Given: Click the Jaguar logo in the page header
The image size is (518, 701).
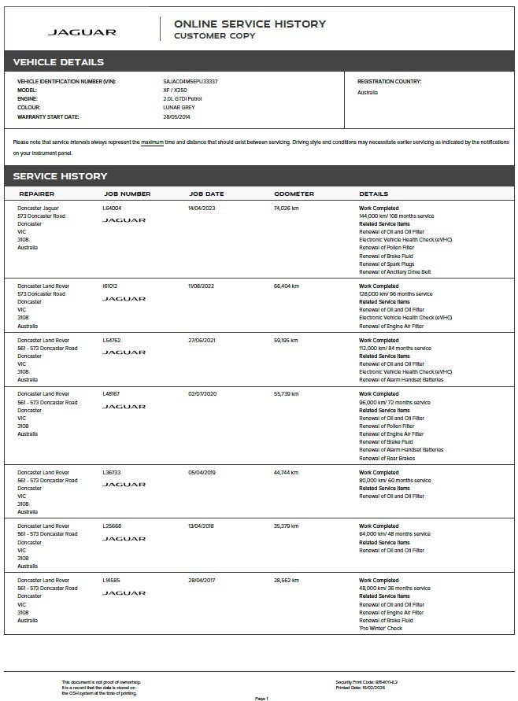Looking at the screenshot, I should point(82,32).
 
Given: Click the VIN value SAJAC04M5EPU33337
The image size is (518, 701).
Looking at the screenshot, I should point(191,81).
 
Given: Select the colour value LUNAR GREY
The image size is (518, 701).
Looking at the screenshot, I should point(178,108).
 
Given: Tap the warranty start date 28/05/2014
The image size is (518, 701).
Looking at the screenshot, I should point(177,116).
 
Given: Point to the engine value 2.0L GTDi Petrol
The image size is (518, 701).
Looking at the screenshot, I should point(183,99).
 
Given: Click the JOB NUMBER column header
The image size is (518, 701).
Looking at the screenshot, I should point(128,194).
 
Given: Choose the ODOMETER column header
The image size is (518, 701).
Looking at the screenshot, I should point(294,194).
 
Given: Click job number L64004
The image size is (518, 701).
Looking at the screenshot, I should point(113,208).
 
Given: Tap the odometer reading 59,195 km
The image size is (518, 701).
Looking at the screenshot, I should point(287,340).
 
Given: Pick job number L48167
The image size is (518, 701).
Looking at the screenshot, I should point(113,394).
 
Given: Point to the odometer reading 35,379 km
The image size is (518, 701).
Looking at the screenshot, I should point(287,526).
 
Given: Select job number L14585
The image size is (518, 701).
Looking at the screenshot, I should point(113,581).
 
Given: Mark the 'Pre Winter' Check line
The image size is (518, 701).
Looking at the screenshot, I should point(381,628).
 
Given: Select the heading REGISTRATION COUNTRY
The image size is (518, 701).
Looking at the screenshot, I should point(389,81).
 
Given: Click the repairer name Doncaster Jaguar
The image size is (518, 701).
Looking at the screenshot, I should point(38,208).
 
